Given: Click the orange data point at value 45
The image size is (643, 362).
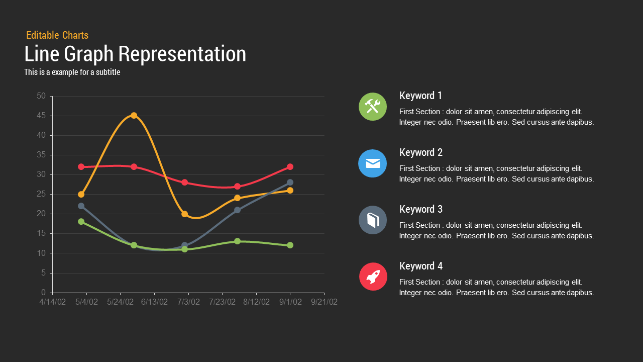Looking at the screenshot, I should tap(134, 116).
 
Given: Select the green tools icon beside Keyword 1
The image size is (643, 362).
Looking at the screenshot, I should tap(373, 107).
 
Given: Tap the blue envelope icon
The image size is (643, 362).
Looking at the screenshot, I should tap(373, 163).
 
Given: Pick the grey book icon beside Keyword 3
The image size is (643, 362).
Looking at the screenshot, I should tap(373, 220).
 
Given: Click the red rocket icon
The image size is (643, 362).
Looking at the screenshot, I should tap(373, 277).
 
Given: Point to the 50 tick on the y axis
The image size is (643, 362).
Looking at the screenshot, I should tap(41, 96).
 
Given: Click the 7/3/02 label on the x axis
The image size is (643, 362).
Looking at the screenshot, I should tap(188, 302).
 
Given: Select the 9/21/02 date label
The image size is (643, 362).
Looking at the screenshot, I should tap(324, 302).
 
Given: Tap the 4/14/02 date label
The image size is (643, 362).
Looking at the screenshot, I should tap(52, 302).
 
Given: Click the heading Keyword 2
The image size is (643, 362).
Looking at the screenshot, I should tap(421, 152).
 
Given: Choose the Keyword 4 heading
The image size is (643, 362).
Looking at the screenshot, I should tap(421, 266).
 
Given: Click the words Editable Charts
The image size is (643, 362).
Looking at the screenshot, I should tap(57, 35).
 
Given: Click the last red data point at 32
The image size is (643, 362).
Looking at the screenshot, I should tap(290, 167).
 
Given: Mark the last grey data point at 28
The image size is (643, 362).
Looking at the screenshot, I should tap(290, 183).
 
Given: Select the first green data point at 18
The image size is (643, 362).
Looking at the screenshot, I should tap(81, 222).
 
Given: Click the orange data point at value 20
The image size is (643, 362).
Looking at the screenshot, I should tap(184, 214).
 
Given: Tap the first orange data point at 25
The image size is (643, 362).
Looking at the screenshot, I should tap(81, 194).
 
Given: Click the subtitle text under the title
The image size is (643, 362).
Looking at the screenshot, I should tap(72, 72).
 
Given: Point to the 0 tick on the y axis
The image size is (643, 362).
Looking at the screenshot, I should tap(44, 293).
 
